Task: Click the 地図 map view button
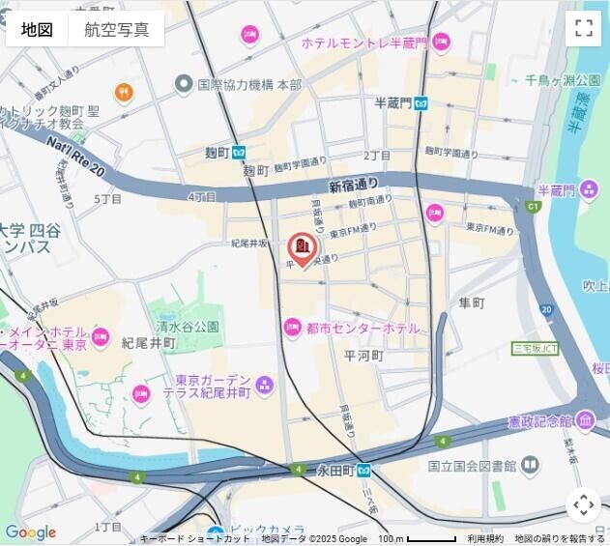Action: click(x=37, y=29)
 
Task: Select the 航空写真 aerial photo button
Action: click(x=117, y=29)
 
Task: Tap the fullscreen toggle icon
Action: click(x=583, y=27)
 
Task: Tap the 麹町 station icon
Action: click(x=240, y=152)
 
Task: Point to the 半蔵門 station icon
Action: click(x=421, y=103)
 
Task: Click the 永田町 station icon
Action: click(x=363, y=471)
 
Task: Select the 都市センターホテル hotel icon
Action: click(x=292, y=329)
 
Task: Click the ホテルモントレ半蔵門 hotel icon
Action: click(x=441, y=43)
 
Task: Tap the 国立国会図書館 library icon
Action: click(x=530, y=466)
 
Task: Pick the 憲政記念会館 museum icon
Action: click(x=585, y=421)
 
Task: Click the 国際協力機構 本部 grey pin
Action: click(x=183, y=85)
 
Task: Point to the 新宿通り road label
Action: click(x=353, y=185)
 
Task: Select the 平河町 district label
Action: click(x=364, y=356)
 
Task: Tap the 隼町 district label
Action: click(x=472, y=303)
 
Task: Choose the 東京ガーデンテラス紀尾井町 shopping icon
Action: click(x=265, y=387)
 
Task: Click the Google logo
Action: click(x=30, y=532)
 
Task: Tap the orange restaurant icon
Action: click(x=124, y=93)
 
